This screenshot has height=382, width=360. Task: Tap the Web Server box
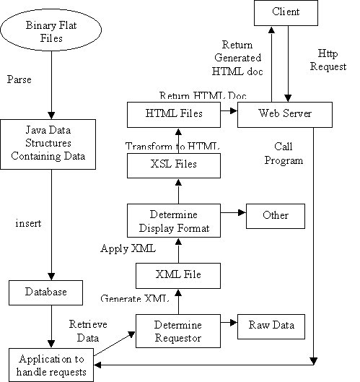tap(284, 113)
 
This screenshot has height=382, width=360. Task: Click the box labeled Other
tap(275, 215)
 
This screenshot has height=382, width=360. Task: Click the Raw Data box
tap(271, 325)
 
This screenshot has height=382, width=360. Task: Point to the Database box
tap(48, 292)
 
